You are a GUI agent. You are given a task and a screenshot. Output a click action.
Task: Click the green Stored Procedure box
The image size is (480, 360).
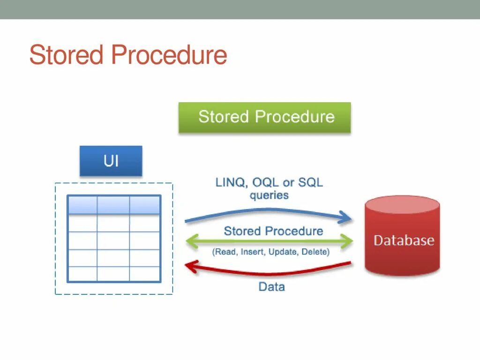[x=264, y=117]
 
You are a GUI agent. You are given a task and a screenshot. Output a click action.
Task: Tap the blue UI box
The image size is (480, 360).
[x=111, y=161]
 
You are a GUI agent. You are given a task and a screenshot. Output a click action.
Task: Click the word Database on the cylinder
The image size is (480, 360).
[x=404, y=240]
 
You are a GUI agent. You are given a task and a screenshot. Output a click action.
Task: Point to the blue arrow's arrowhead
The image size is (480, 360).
[x=346, y=217]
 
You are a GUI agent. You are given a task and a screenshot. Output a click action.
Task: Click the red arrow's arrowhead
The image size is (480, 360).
[x=190, y=266]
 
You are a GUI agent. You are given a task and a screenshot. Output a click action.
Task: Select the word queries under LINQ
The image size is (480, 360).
[x=269, y=195]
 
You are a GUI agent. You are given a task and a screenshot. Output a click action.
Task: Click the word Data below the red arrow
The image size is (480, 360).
[x=271, y=286]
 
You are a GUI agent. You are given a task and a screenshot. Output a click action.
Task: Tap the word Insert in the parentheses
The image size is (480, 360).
[x=253, y=252]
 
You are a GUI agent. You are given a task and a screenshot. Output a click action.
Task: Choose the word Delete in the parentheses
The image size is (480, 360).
[x=314, y=252]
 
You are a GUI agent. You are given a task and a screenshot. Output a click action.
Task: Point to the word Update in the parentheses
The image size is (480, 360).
[x=283, y=252]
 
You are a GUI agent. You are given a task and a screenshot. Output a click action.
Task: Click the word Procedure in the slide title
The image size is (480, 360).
[x=169, y=55]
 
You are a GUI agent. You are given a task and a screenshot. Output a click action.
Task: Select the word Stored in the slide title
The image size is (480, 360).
[x=66, y=55]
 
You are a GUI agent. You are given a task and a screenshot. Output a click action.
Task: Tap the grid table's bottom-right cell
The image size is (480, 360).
[x=145, y=274]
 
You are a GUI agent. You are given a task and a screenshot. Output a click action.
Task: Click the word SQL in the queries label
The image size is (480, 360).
[x=310, y=182]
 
